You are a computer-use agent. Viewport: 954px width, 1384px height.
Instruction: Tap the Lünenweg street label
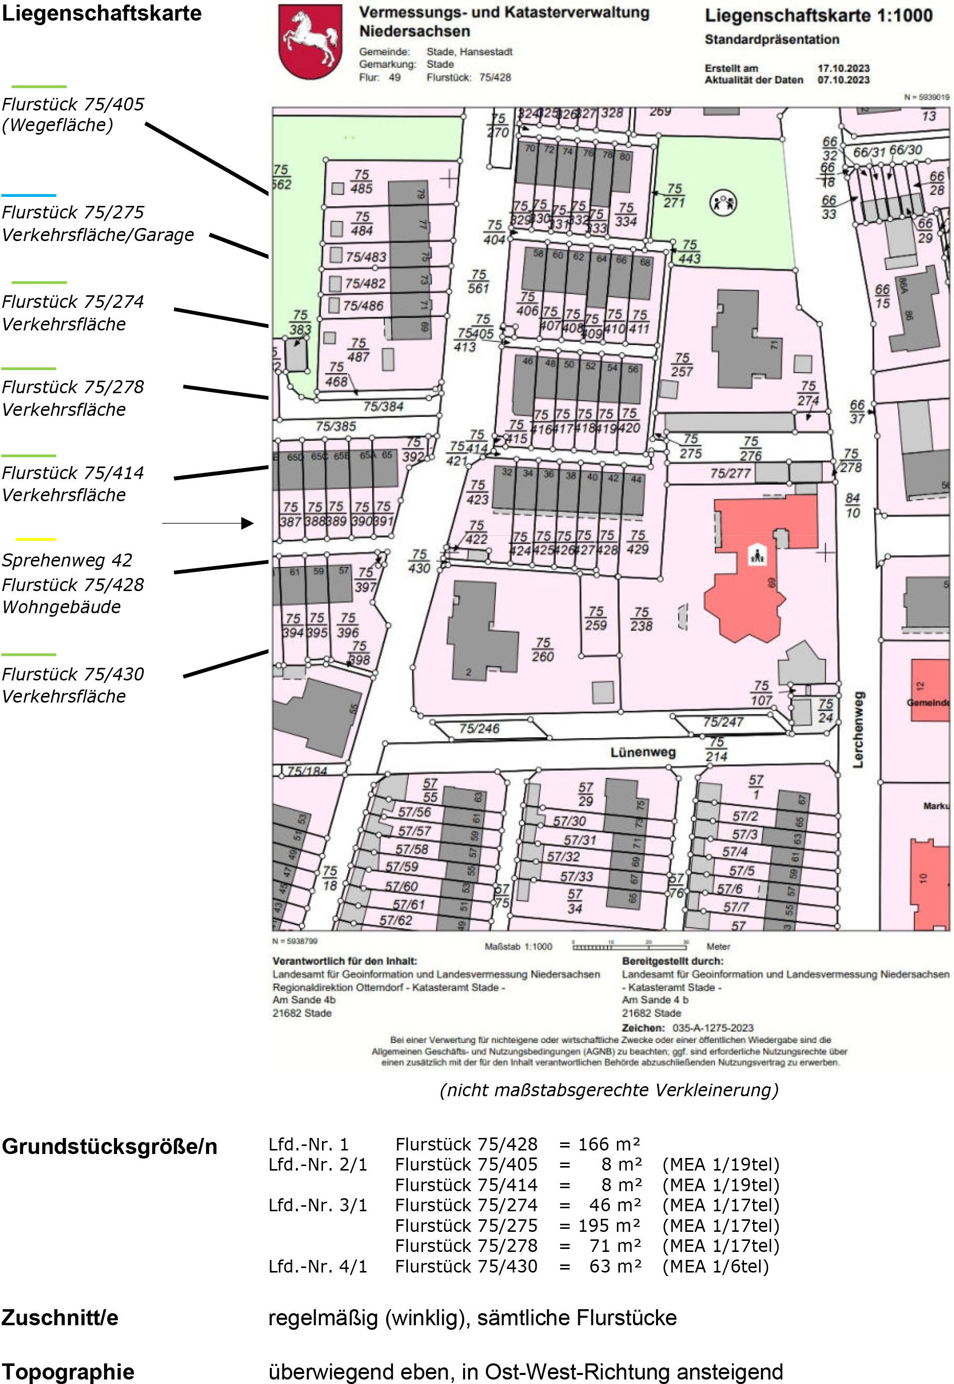tap(643, 752)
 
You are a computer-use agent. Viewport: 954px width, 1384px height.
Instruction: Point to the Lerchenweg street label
tap(859, 729)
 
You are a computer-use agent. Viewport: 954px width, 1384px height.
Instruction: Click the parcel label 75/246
tap(479, 729)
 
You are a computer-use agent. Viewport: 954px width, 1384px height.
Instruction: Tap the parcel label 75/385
tap(336, 426)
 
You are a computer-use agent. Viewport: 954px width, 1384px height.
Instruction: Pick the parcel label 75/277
tap(730, 473)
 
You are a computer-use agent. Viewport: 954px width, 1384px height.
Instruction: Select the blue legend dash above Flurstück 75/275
tap(29, 195)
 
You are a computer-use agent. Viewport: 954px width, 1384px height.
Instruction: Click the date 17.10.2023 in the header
tap(843, 68)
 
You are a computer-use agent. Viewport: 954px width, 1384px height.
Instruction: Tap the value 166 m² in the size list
tap(608, 1144)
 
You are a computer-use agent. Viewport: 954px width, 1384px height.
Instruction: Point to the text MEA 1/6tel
tap(715, 1266)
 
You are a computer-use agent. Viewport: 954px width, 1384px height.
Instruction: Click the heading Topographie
tap(67, 1371)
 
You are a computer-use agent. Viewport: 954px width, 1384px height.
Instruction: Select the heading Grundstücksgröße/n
tap(110, 1146)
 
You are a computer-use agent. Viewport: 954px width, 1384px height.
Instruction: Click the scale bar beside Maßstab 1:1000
tap(629, 946)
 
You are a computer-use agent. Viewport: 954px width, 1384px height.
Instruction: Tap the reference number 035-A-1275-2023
tap(712, 1028)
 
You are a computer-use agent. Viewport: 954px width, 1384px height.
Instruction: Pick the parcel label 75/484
tap(362, 223)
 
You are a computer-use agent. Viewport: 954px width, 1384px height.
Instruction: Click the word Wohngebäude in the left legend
tap(62, 607)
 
